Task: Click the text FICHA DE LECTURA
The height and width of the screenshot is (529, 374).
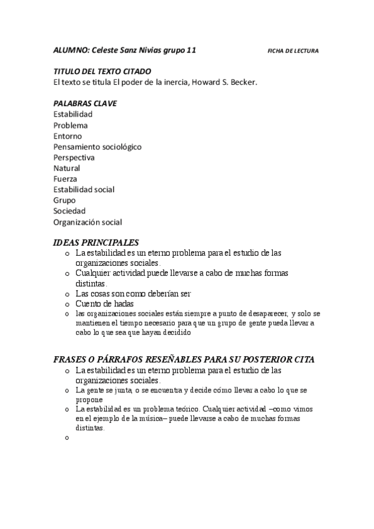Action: [x=292, y=51]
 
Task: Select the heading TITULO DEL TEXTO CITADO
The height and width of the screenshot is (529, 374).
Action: [x=102, y=72]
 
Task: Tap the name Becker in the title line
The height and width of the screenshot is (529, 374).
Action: [x=242, y=82]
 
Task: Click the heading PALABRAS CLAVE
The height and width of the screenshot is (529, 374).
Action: [x=85, y=104]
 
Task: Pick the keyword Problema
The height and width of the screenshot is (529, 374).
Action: [x=71, y=125]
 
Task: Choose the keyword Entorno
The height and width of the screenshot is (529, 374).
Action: [x=67, y=136]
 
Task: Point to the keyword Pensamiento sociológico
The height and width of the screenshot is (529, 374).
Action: [x=97, y=147]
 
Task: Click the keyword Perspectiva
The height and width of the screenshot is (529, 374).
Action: [x=74, y=157]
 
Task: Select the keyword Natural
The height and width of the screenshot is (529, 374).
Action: [x=67, y=168]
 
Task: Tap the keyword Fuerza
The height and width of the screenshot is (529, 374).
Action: [x=66, y=178]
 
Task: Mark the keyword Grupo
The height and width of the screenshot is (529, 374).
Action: [x=64, y=200]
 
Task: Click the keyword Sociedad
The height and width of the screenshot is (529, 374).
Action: [x=69, y=211]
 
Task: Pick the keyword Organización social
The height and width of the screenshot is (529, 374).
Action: [x=87, y=221]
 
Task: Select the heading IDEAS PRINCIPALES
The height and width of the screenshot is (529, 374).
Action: [x=96, y=243]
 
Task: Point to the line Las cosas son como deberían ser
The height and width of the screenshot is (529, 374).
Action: [x=133, y=293]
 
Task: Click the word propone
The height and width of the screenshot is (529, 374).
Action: [x=89, y=399]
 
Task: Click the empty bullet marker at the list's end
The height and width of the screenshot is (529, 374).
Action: [x=67, y=439]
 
